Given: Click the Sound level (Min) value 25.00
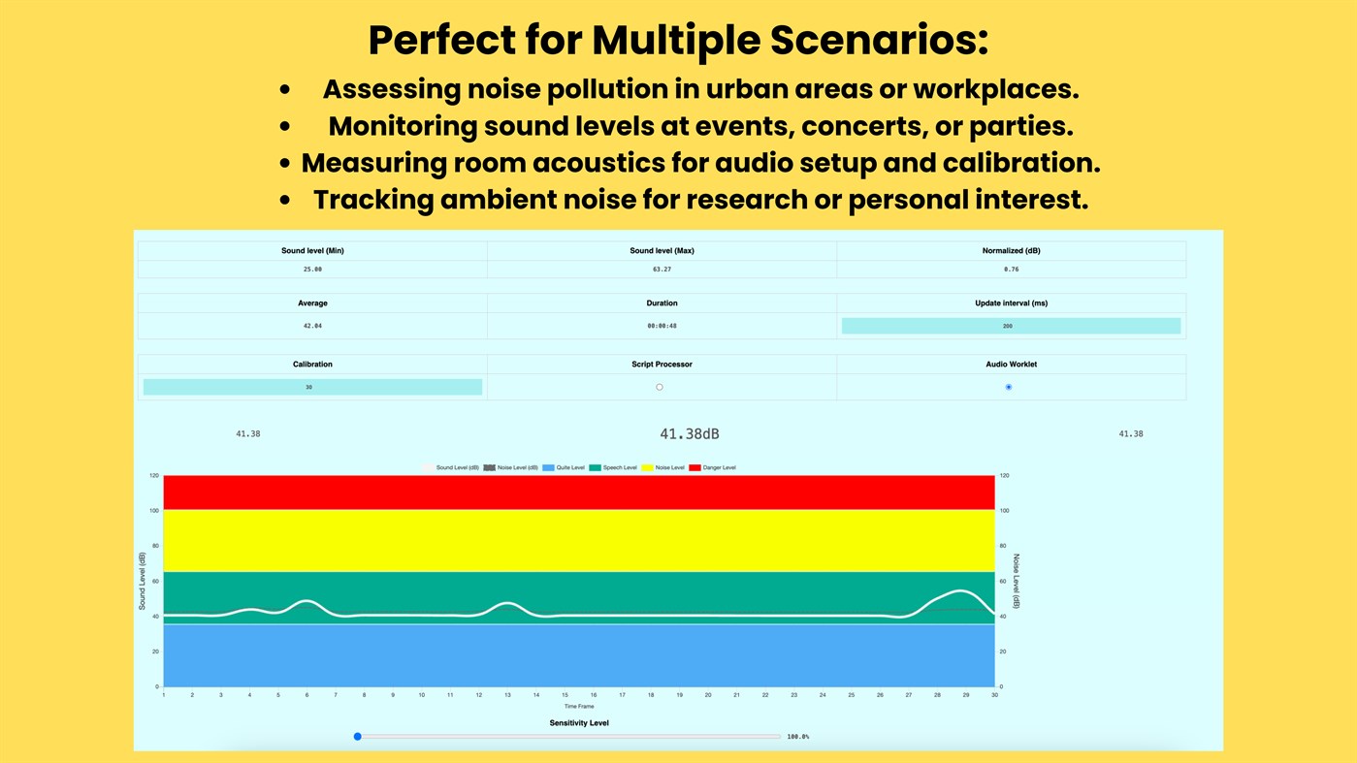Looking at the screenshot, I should pyautogui.click(x=312, y=269).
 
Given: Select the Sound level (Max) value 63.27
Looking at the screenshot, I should pyautogui.click(x=662, y=269).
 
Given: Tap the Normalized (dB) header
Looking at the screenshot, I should pyautogui.click(x=1011, y=250).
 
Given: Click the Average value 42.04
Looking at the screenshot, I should pyautogui.click(x=312, y=326).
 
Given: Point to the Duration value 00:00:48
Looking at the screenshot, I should pyautogui.click(x=662, y=326).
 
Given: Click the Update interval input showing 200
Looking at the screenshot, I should pyautogui.click(x=1011, y=326).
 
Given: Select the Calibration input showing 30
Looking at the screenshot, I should pyautogui.click(x=312, y=387).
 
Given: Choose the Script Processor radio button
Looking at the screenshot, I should pyautogui.click(x=660, y=387).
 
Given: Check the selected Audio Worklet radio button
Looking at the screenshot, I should pyautogui.click(x=1009, y=387).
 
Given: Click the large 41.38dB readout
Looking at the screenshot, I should pyautogui.click(x=690, y=434).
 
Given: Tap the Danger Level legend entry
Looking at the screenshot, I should pyautogui.click(x=713, y=467).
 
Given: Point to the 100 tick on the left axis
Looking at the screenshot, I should pyautogui.click(x=153, y=511).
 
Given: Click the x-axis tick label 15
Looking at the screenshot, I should pyautogui.click(x=565, y=695).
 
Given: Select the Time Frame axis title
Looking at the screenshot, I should pyautogui.click(x=579, y=707).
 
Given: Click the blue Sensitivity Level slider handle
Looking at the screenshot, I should pyautogui.click(x=358, y=737).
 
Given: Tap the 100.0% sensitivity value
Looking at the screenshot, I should pyautogui.click(x=797, y=737).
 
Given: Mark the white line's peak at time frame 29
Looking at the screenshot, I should pyautogui.click(x=961, y=590).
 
